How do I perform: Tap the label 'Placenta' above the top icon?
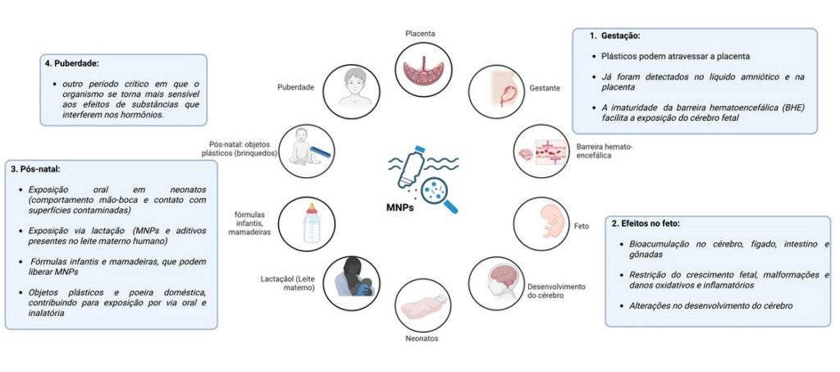419,34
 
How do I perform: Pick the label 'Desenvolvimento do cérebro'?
556,291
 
